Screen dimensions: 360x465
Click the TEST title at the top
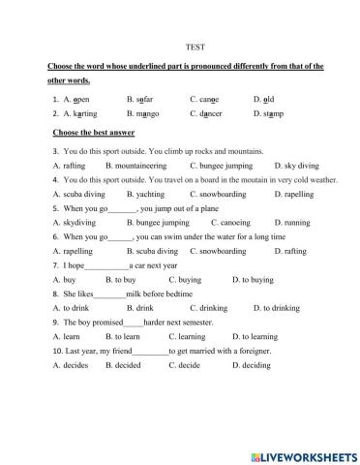point(192,46)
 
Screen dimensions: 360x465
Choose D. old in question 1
point(264,99)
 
